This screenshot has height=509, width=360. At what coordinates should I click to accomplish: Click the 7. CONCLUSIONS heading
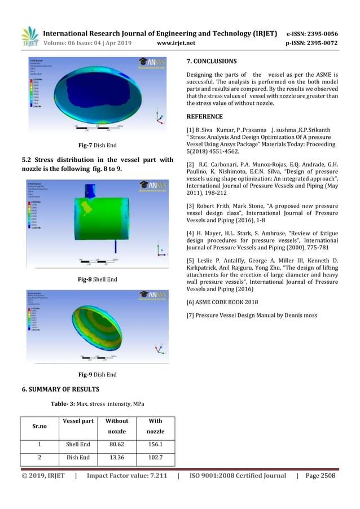point(212,60)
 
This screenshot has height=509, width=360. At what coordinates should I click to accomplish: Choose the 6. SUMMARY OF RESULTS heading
point(60,389)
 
